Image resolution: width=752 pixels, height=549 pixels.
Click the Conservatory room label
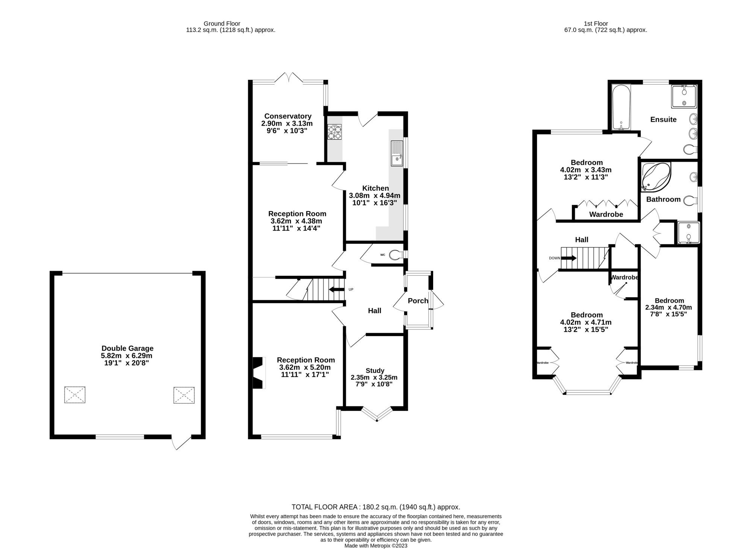288,116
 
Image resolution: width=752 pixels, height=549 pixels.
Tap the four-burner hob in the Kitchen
335,132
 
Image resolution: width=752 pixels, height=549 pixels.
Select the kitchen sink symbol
396,153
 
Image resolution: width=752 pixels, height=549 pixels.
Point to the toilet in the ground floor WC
394,255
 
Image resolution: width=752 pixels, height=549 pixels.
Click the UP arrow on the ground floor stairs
336,289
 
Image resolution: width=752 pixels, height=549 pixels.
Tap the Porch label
418,301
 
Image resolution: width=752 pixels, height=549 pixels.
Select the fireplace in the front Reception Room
258,373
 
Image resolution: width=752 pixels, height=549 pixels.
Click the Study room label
375,370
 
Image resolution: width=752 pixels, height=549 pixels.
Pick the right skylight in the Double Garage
184,395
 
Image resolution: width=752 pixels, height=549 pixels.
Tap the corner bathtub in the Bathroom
655,176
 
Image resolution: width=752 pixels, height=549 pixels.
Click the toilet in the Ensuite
690,149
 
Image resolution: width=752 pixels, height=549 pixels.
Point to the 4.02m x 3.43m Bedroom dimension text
586,170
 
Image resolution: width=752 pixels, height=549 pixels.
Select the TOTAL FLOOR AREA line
376,507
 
